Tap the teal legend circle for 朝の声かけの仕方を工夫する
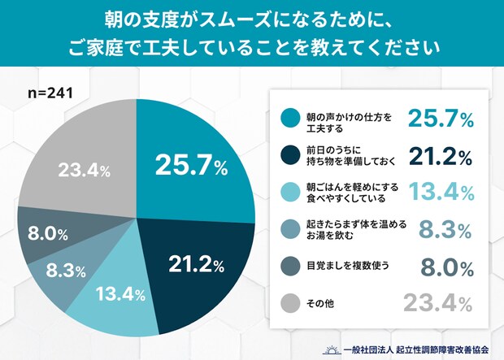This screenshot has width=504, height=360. [285, 121]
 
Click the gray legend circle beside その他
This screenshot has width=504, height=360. [285, 305]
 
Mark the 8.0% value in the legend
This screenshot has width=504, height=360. [446, 267]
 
